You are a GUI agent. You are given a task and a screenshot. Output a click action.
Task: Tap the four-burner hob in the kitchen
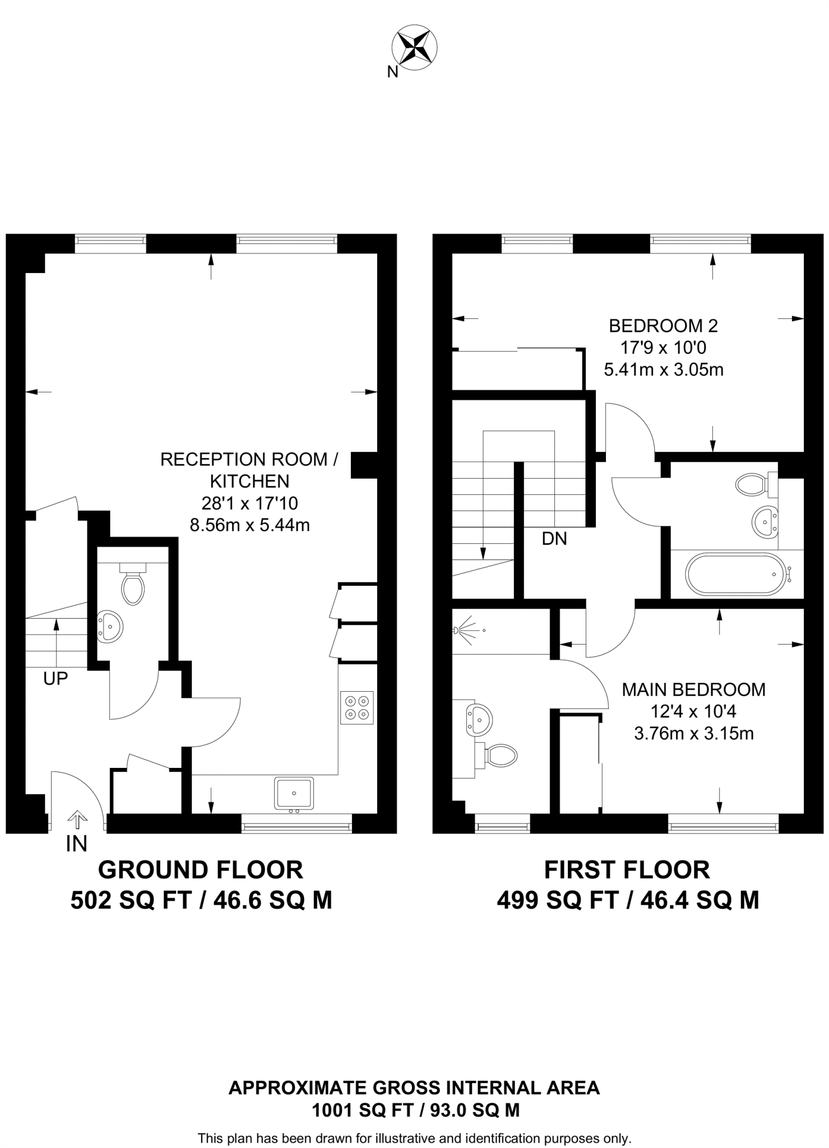point(357,707)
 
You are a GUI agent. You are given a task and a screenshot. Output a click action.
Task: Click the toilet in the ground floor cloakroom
point(133,585)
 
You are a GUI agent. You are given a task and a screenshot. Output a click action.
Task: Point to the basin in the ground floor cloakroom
point(110,626)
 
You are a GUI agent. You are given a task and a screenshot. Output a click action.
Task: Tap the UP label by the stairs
point(55,678)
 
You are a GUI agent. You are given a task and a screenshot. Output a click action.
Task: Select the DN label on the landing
point(554,539)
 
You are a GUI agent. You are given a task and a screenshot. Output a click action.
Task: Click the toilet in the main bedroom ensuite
point(499,756)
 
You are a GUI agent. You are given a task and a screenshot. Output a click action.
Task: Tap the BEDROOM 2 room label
point(663,325)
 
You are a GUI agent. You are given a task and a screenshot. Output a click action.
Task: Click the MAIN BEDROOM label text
point(693,689)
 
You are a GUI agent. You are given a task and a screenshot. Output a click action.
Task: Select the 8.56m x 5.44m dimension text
point(249,525)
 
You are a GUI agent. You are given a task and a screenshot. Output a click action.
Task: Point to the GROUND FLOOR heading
point(201,870)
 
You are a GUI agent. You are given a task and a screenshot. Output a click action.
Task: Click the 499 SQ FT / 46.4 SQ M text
point(627,901)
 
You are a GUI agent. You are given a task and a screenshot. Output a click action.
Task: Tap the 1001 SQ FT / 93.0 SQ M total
point(415,1110)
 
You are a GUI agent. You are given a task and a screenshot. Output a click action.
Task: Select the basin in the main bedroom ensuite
point(478,719)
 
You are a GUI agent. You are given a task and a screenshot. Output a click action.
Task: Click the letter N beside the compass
point(392,72)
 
